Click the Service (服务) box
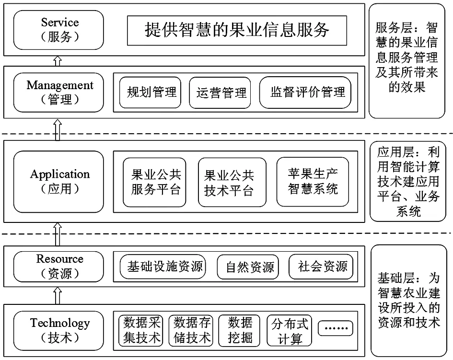pos(58,30)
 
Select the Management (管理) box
pos(58,93)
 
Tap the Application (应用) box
pos(58,182)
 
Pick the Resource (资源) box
pos(58,267)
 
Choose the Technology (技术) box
pos(58,331)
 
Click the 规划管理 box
pos(150,93)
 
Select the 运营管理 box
pos(220,93)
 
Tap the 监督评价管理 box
pos(305,93)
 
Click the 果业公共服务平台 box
pos(154,182)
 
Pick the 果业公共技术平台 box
pos(232,182)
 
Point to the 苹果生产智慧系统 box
pos(313,182)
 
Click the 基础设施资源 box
pos(163,267)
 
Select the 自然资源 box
pos(248,267)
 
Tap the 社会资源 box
pos(321,267)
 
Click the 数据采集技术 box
pos(141,331)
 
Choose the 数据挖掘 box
pos(239,331)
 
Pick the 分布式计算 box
pos(289,331)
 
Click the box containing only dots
pos(336,328)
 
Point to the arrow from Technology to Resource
pos(58,296)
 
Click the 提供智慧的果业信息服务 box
pos(237,30)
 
